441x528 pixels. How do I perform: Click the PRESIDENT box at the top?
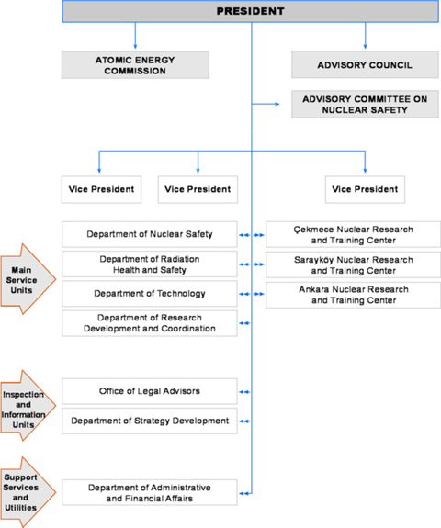pyautogui.click(x=250, y=11)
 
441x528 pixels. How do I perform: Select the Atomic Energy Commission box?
pyautogui.click(x=135, y=65)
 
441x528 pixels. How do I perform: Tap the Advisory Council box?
pyautogui.click(x=365, y=64)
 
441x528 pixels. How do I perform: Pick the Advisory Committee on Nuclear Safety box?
pyautogui.click(x=365, y=104)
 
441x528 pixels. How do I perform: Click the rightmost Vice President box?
pyautogui.click(x=365, y=189)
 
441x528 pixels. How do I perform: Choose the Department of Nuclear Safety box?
pyautogui.click(x=150, y=234)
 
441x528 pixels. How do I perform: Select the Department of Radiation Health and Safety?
pyautogui.click(x=150, y=264)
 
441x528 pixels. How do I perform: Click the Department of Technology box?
pyautogui.click(x=150, y=294)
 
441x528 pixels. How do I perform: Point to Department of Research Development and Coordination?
pyautogui.click(x=150, y=323)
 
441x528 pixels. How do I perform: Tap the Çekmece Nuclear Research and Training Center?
pyautogui.click(x=353, y=234)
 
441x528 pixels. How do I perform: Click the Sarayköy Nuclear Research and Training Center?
pyautogui.click(x=353, y=264)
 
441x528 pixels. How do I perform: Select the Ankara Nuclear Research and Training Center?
pyautogui.click(x=353, y=295)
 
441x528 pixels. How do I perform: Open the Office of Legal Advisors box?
pyautogui.click(x=150, y=391)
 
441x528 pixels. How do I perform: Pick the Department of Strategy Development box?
pyautogui.click(x=150, y=421)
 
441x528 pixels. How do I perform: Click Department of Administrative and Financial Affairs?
pyautogui.click(x=150, y=492)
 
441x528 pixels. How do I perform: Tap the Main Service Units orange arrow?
pyautogui.click(x=27, y=279)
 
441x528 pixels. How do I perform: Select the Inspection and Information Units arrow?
pyautogui.click(x=27, y=406)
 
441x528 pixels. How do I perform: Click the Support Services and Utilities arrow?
pyautogui.click(x=27, y=492)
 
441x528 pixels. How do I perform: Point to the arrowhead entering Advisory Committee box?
pyautogui.click(x=277, y=104)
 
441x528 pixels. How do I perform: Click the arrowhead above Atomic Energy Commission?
pyautogui.click(x=135, y=47)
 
